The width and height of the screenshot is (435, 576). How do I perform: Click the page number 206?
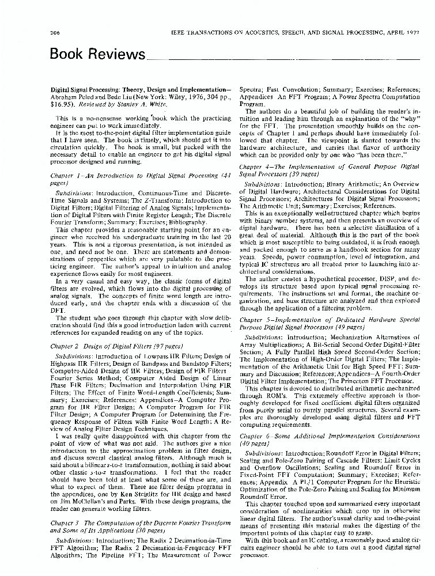click(56, 33)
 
